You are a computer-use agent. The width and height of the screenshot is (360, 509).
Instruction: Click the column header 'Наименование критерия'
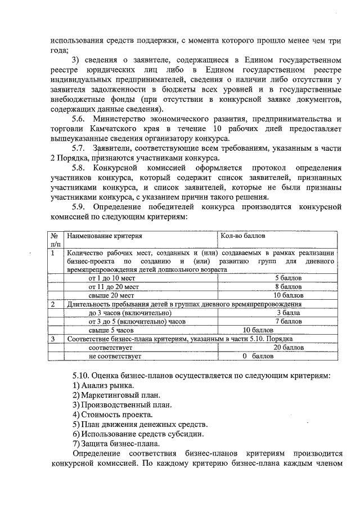[105, 237]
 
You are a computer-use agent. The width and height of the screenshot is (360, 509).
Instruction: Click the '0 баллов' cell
[258, 357]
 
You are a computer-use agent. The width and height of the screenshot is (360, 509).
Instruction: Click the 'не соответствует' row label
[115, 357]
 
